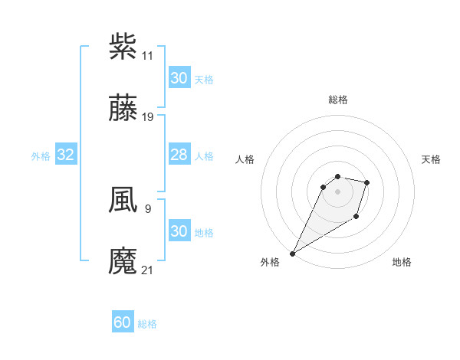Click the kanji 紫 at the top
click(123, 47)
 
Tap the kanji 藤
click(123, 109)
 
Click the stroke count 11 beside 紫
click(147, 56)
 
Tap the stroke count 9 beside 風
click(147, 208)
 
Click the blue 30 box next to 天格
click(179, 78)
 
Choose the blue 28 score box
click(179, 155)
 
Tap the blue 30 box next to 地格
click(179, 231)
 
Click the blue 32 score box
click(66, 155)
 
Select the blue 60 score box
click(123, 323)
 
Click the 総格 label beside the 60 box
click(147, 324)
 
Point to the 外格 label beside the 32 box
click(41, 156)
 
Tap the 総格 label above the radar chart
click(338, 100)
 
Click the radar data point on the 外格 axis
click(292, 254)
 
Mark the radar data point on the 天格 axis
click(367, 182)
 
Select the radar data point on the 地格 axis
click(356, 218)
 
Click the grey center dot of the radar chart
click(338, 191)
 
